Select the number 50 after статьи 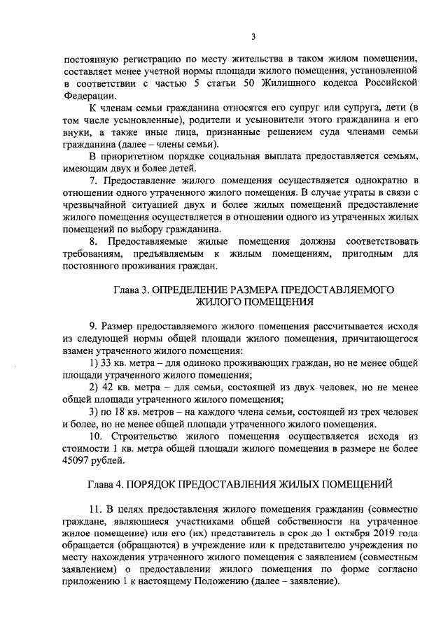tap(230, 84)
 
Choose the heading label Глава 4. tap(105, 483)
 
